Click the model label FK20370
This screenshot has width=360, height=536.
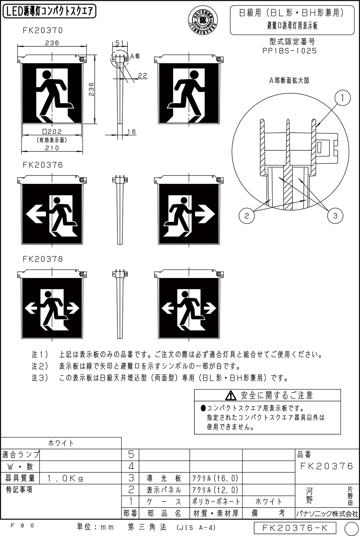[x=42, y=31]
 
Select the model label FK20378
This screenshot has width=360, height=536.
[x=42, y=259]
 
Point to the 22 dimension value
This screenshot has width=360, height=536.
[x=143, y=75]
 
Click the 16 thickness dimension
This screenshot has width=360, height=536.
[x=132, y=132]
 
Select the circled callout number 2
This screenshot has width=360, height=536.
[x=247, y=215]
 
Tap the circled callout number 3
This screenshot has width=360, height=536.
[x=335, y=215]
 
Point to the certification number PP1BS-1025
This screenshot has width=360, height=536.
[x=290, y=51]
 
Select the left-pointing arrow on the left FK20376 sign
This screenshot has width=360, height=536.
[x=35, y=214]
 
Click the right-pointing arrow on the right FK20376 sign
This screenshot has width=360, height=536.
[x=205, y=214]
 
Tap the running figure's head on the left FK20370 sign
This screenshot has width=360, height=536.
[x=47, y=74]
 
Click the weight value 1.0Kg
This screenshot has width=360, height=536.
[x=65, y=478]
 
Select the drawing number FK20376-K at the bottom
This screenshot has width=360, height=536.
[x=295, y=528]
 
